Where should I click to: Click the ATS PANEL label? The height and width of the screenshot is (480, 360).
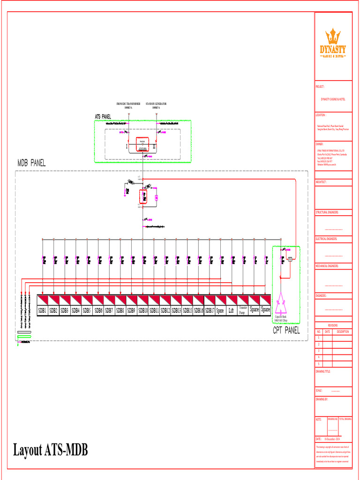point(103,116)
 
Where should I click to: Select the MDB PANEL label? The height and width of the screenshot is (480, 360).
point(31,163)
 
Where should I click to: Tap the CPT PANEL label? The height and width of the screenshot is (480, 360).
point(286,330)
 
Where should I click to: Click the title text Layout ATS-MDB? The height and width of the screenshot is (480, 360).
point(50,450)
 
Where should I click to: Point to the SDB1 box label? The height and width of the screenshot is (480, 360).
point(42,310)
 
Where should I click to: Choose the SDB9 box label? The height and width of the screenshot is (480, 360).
point(131,310)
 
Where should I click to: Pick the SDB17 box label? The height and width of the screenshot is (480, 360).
point(209,310)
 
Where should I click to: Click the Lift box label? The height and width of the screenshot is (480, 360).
point(231,310)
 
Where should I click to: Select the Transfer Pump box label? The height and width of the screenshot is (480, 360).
point(243,310)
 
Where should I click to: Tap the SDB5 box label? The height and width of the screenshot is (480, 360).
point(87,310)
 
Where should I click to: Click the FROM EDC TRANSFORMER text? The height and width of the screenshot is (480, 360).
point(128,104)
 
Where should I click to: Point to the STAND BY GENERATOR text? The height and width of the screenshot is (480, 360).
point(156,104)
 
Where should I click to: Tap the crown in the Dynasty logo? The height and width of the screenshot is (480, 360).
point(333,37)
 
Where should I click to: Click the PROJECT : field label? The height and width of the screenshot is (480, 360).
point(320,87)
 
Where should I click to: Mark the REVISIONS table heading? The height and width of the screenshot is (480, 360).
point(333,325)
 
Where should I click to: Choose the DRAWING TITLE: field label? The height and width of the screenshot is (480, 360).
point(323,371)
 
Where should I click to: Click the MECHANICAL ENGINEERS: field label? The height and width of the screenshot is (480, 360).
point(327,266)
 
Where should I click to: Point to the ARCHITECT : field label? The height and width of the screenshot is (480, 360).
point(321,181)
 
